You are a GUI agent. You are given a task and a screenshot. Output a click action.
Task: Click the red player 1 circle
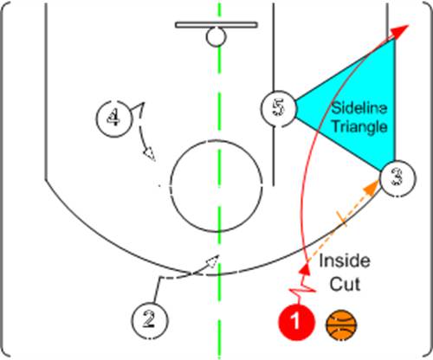click(296, 321)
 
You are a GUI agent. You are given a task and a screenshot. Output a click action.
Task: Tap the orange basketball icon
click(341, 325)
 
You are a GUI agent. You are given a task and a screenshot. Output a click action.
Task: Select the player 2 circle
click(149, 320)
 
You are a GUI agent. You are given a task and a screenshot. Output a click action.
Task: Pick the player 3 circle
click(397, 178)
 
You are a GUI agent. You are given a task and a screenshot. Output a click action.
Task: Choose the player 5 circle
click(279, 108)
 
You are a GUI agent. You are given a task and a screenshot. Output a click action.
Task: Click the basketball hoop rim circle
click(216, 36)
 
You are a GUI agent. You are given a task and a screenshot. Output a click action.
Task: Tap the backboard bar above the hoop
click(216, 25)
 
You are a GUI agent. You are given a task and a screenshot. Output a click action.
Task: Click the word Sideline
click(359, 108)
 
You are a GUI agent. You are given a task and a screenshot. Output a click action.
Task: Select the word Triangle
click(360, 126)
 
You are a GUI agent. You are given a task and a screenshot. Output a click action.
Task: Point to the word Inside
click(345, 260)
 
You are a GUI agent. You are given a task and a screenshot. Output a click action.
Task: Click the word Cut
click(345, 284)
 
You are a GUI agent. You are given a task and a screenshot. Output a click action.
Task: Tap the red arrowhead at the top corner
click(401, 31)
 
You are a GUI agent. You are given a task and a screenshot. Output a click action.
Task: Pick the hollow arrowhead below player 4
click(150, 154)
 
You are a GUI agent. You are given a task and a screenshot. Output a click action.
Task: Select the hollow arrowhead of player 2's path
click(212, 261)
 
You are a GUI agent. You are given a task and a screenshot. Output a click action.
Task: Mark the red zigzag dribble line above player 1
click(301, 289)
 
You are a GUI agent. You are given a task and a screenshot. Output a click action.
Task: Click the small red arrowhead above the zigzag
click(305, 269)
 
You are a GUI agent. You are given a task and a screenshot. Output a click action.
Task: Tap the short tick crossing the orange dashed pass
click(341, 217)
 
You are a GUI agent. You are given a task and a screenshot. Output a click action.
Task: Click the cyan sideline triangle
click(361, 106)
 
